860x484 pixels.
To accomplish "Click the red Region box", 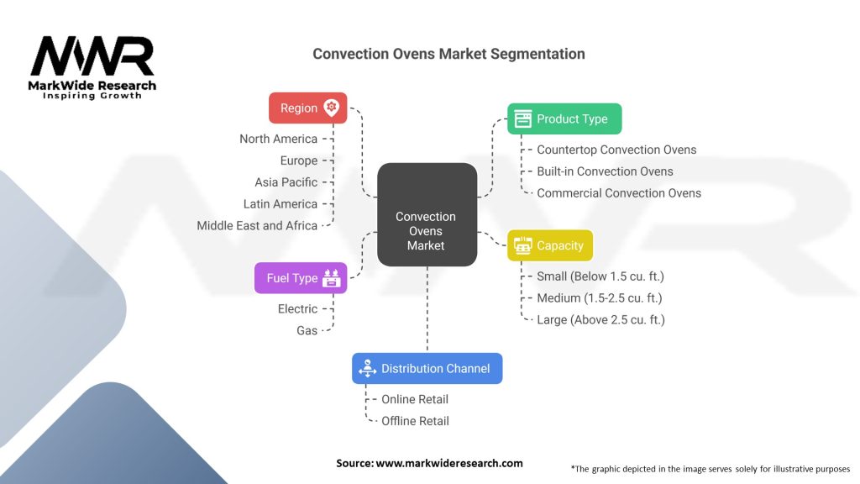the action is point(307,108).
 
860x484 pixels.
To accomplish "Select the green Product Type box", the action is point(564,118).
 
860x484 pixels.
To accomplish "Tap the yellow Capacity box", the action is point(550,245).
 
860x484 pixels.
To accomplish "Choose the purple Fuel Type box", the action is point(301,277).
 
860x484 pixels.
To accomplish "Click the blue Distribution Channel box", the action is point(427,368).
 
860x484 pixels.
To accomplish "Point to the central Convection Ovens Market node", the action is point(427,214).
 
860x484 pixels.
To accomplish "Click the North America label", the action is point(278,139).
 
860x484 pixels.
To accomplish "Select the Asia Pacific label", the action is point(286,182).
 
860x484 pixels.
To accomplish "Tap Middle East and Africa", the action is point(257,225).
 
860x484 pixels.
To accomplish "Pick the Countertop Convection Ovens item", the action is point(616,150).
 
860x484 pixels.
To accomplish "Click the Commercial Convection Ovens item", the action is point(619,193).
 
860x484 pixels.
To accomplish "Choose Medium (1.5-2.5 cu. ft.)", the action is point(600,298).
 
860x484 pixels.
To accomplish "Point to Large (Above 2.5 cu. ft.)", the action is point(600,320).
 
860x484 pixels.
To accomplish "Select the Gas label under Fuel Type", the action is point(307,330).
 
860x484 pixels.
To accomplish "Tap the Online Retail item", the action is point(415,399).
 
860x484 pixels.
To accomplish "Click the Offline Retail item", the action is point(415,421).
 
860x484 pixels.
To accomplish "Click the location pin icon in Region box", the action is point(331,108).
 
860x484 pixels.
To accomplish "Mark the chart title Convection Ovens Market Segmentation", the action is point(448,54).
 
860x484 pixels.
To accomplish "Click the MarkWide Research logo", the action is point(92,67).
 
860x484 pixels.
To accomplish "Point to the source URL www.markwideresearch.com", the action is point(449,463).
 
